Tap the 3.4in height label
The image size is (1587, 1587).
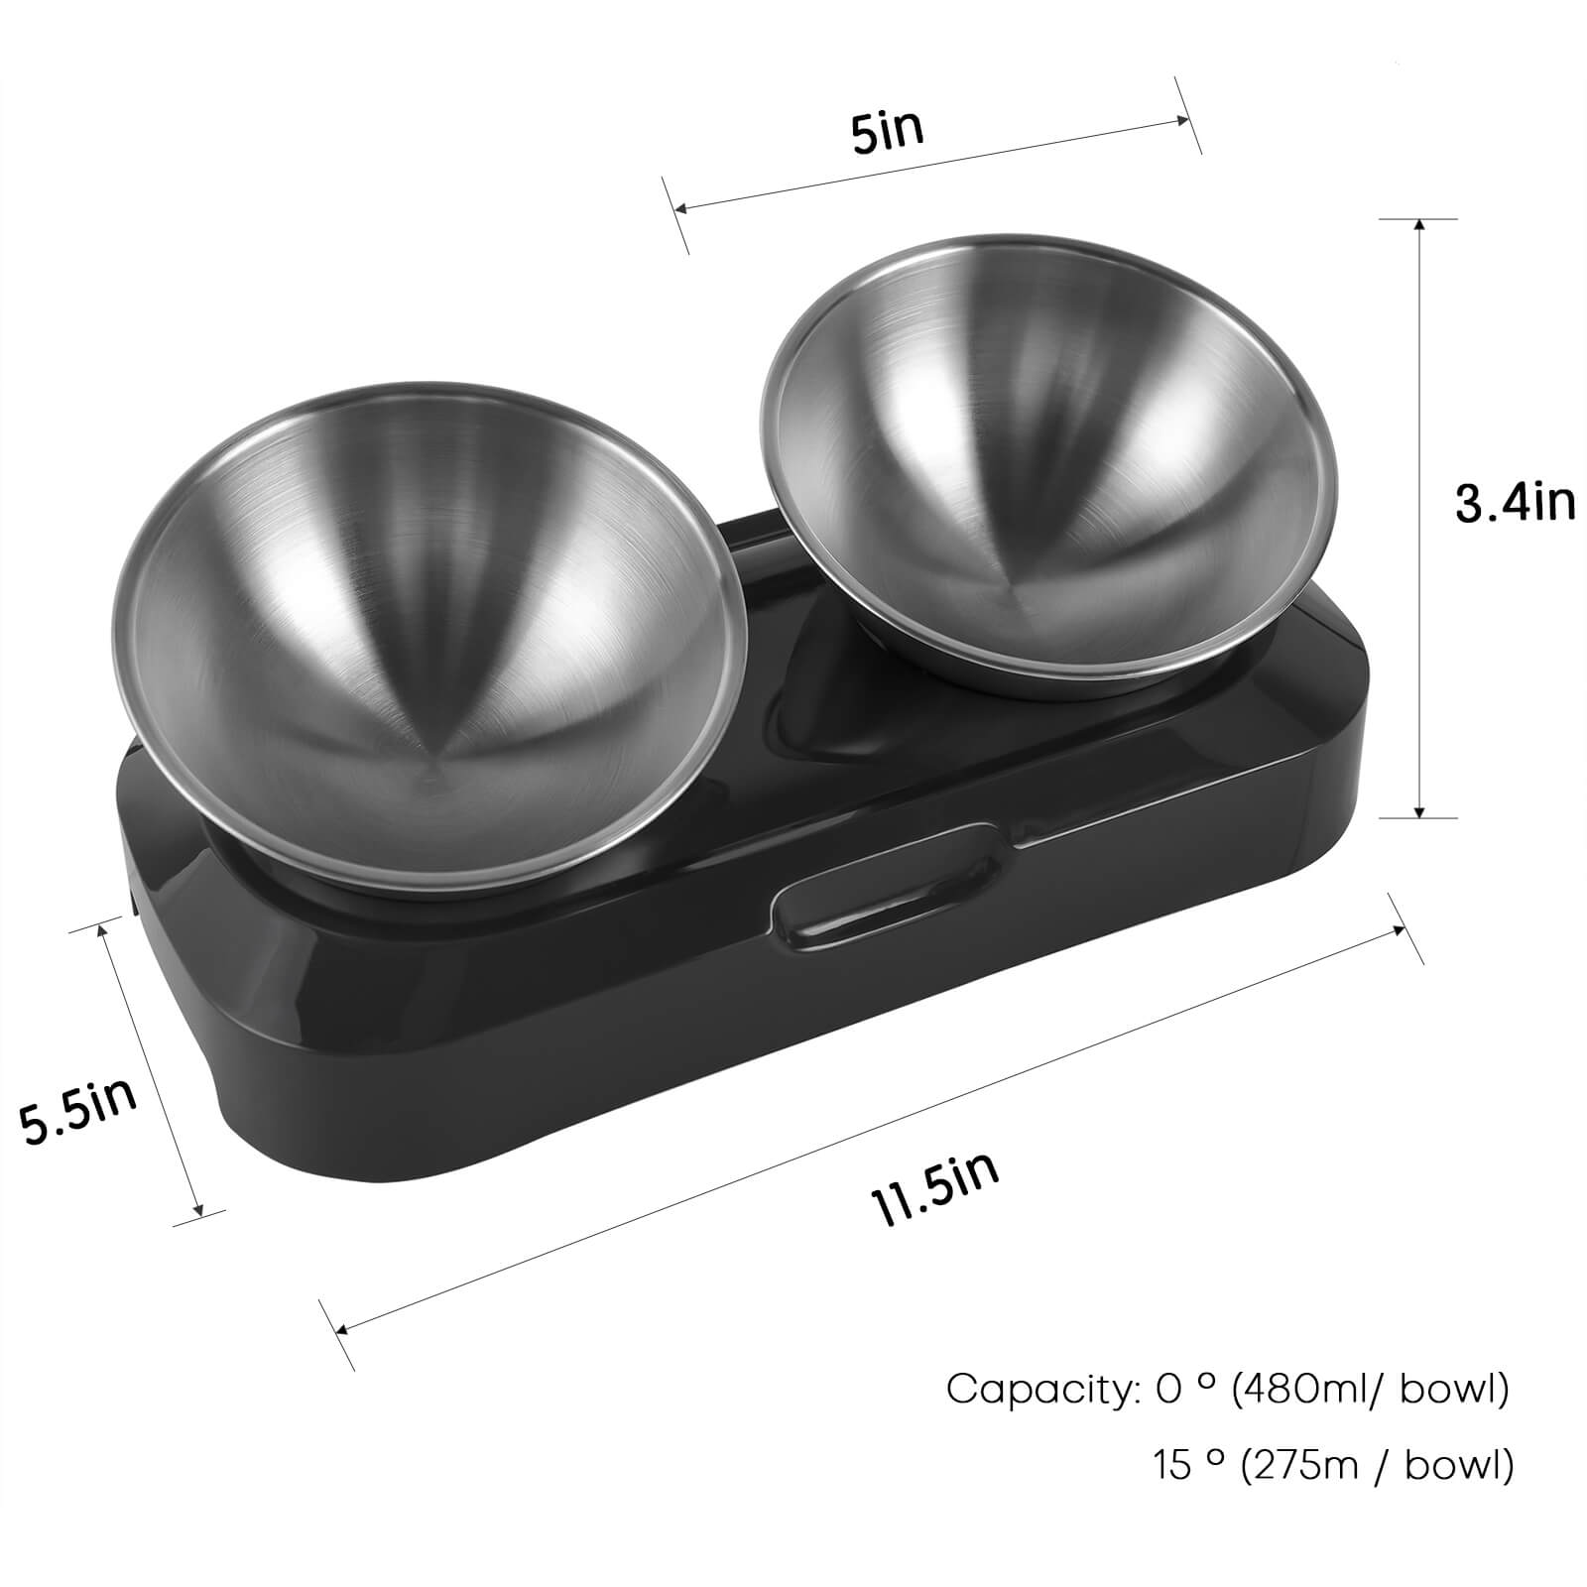tap(1515, 503)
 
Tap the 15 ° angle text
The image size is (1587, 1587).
tap(1184, 1464)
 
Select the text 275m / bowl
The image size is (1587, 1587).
tap(1377, 1464)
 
